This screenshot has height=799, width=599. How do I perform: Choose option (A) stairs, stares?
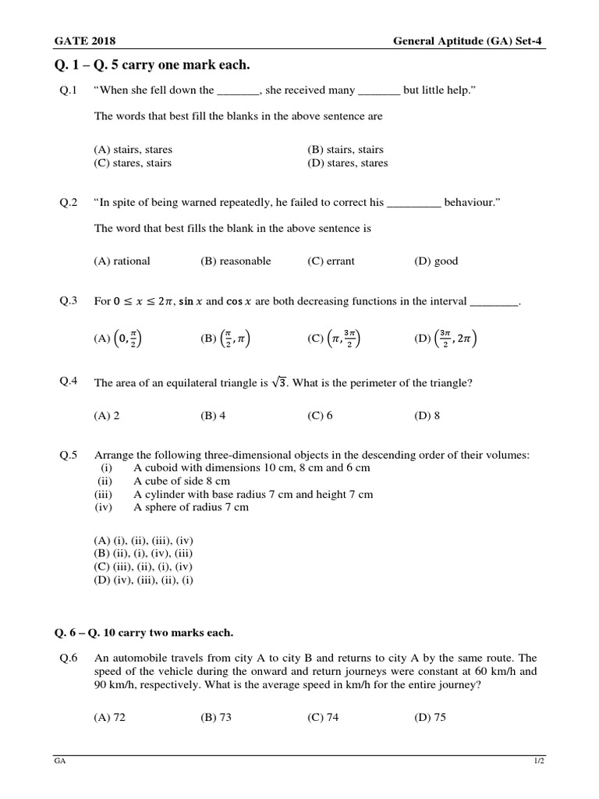pos(133,149)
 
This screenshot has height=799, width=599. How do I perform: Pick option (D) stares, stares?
pos(348,163)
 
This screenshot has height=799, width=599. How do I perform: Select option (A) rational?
pos(122,261)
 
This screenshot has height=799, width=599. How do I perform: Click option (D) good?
pos(436,261)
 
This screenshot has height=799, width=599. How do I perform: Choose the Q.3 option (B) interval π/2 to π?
pos(225,339)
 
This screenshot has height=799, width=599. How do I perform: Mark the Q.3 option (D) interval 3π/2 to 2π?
pos(445,339)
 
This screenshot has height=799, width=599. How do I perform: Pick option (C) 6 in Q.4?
pos(321,416)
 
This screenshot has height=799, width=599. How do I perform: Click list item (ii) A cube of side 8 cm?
pos(182,481)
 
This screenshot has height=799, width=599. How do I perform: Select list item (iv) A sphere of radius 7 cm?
pos(191,507)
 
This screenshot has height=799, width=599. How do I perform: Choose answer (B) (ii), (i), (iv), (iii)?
pos(143,553)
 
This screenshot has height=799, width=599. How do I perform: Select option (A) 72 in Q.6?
pos(110,718)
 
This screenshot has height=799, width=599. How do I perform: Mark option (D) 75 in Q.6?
pos(430,718)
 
